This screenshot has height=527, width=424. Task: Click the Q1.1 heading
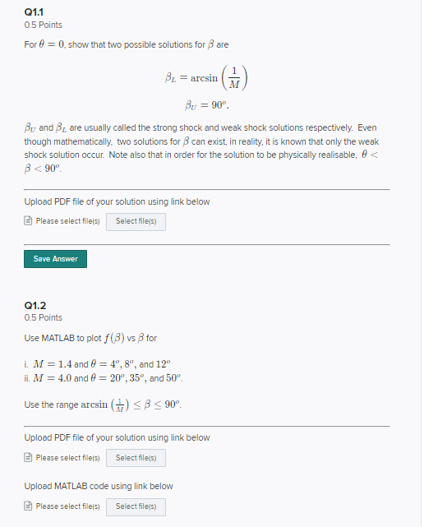pos(35,12)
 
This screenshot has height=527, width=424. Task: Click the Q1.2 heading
pos(35,304)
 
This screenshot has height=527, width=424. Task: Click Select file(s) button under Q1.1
pos(136,221)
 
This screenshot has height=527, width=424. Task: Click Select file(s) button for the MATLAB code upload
pos(136,506)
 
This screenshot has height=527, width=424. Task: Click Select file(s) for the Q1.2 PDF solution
pos(136,458)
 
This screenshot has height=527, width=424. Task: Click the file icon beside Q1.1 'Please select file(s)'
pos(29,221)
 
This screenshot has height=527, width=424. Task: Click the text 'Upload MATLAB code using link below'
pos(99,486)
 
